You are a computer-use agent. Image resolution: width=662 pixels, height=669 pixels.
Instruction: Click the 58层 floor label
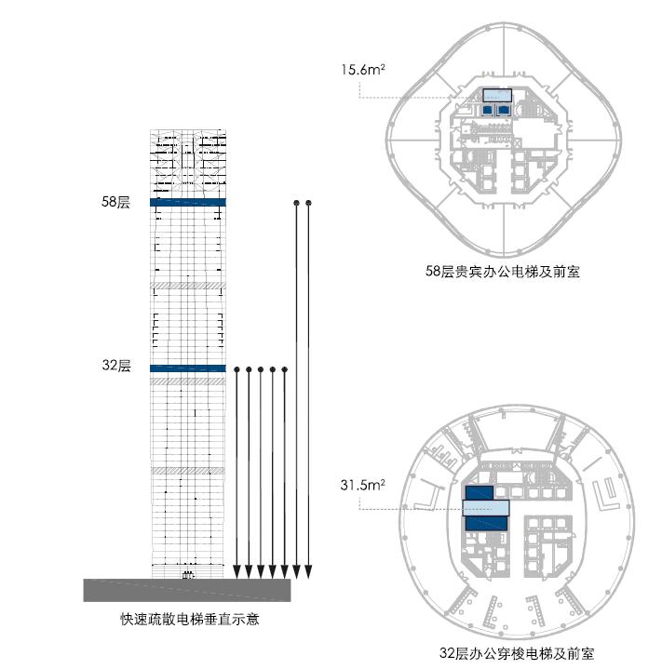coord(115,202)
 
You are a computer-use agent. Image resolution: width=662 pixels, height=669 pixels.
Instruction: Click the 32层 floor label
coord(116,366)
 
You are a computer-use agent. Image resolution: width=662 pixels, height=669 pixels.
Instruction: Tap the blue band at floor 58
coord(188,202)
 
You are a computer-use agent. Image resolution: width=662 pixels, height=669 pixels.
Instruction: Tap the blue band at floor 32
coord(188,368)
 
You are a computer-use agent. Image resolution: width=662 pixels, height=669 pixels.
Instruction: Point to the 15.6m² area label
coord(363,69)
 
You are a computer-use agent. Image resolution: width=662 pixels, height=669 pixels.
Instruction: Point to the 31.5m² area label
coord(362,485)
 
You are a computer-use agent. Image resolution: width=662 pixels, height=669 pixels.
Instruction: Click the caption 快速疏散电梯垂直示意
coord(190,619)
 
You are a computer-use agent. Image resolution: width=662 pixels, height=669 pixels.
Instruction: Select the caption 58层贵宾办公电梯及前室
coord(503,272)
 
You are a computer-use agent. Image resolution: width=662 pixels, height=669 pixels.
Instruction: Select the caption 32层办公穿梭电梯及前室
coord(517,653)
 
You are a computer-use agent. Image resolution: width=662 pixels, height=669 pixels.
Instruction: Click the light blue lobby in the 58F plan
coord(497,95)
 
